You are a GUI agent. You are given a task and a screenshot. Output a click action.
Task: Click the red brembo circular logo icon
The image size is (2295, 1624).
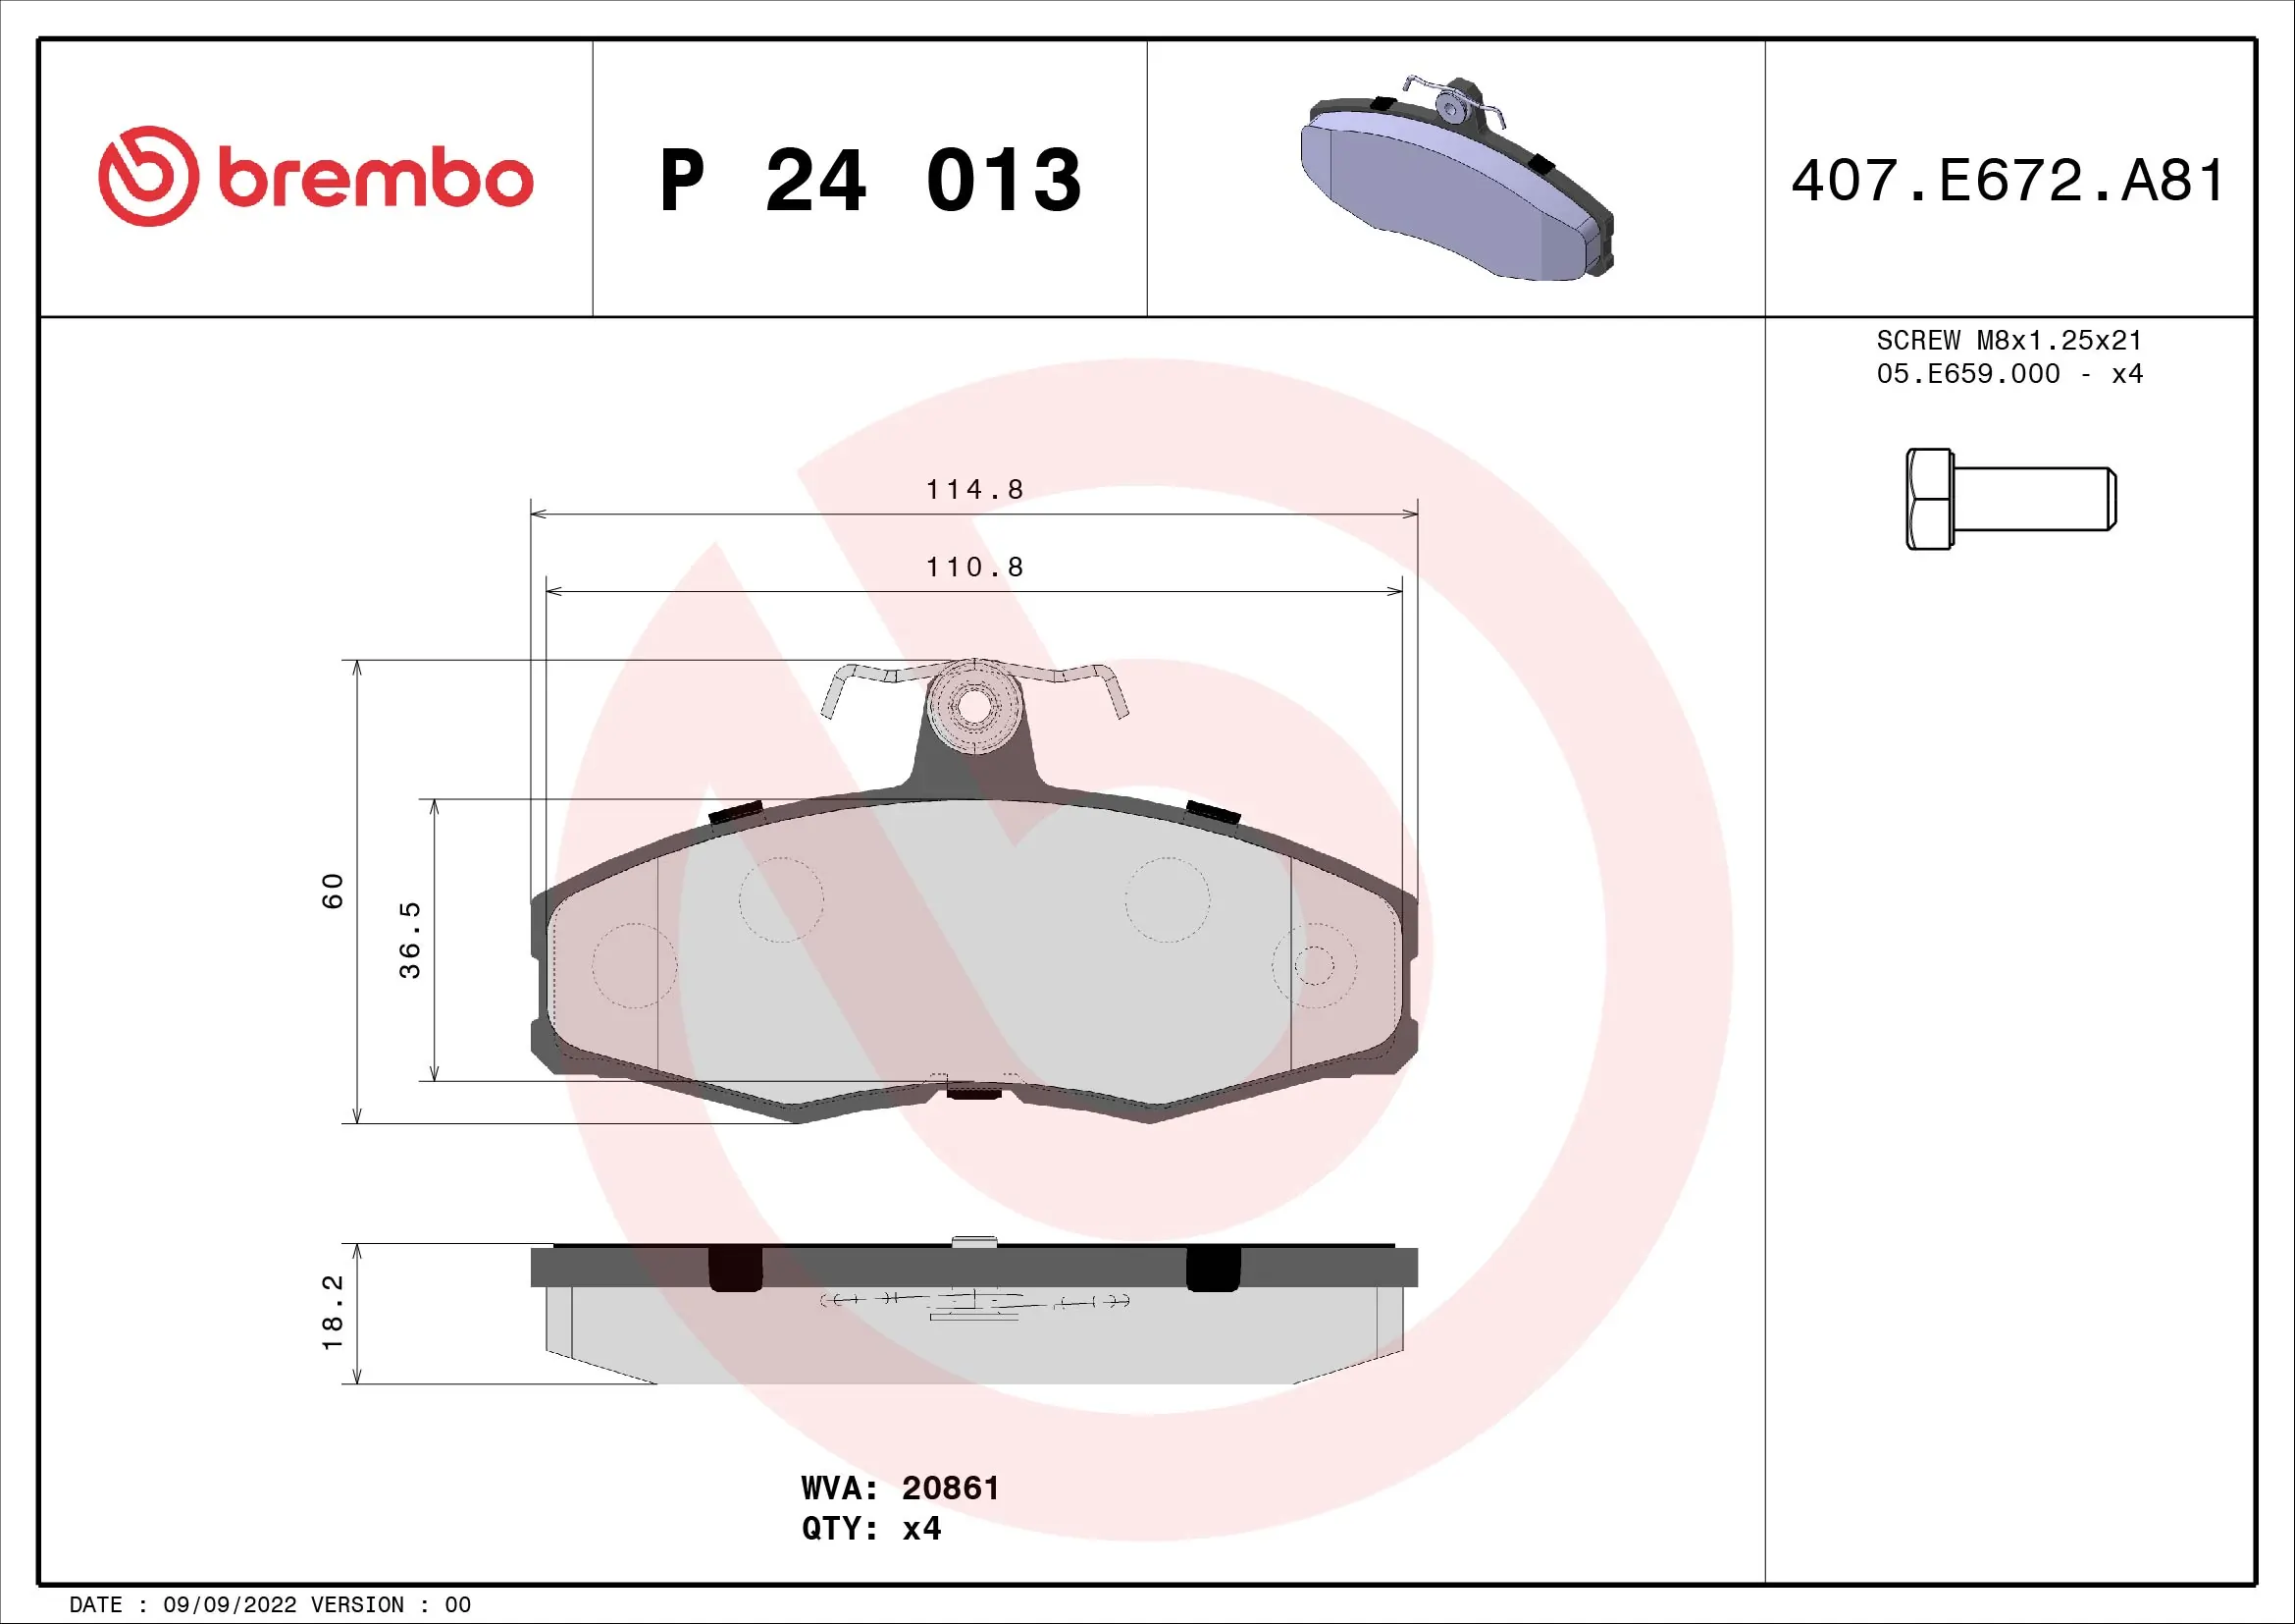point(148,176)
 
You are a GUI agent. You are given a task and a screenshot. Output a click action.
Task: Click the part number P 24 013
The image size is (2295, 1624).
point(869,181)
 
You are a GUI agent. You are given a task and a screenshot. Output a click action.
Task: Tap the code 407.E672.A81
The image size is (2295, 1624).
point(2008,181)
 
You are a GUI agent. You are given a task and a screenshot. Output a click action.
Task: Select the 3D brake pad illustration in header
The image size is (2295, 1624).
point(1456,179)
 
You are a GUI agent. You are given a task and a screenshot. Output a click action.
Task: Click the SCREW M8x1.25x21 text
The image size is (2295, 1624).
point(2009,340)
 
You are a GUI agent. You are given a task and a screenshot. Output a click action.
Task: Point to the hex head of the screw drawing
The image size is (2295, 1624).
point(1929,498)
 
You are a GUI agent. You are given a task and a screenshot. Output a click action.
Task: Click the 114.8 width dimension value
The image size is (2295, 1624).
point(973,489)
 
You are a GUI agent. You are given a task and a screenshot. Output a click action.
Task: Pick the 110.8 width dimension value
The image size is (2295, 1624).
point(973,567)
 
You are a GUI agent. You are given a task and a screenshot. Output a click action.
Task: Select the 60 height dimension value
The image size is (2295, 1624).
point(332,890)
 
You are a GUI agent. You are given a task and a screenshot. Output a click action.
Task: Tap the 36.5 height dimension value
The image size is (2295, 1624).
point(410,939)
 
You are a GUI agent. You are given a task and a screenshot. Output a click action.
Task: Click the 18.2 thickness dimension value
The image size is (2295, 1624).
point(332,1312)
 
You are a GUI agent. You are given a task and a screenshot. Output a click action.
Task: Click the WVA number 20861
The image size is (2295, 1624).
point(950,1488)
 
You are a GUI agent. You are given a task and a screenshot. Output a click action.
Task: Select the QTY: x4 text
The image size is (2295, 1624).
point(870,1528)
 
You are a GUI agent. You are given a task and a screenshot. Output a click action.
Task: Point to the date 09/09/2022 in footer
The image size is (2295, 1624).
point(230,1605)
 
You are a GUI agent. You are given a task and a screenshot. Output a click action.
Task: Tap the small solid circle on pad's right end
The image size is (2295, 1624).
point(1314,965)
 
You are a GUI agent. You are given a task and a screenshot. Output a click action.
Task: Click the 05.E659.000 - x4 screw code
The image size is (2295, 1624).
point(2009,374)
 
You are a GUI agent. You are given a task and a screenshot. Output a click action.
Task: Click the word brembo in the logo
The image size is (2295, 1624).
point(376,179)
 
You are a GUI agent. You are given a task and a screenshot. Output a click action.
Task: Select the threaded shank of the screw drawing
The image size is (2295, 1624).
point(2033,498)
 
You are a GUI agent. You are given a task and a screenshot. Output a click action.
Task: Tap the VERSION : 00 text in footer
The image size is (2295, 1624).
point(391,1605)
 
